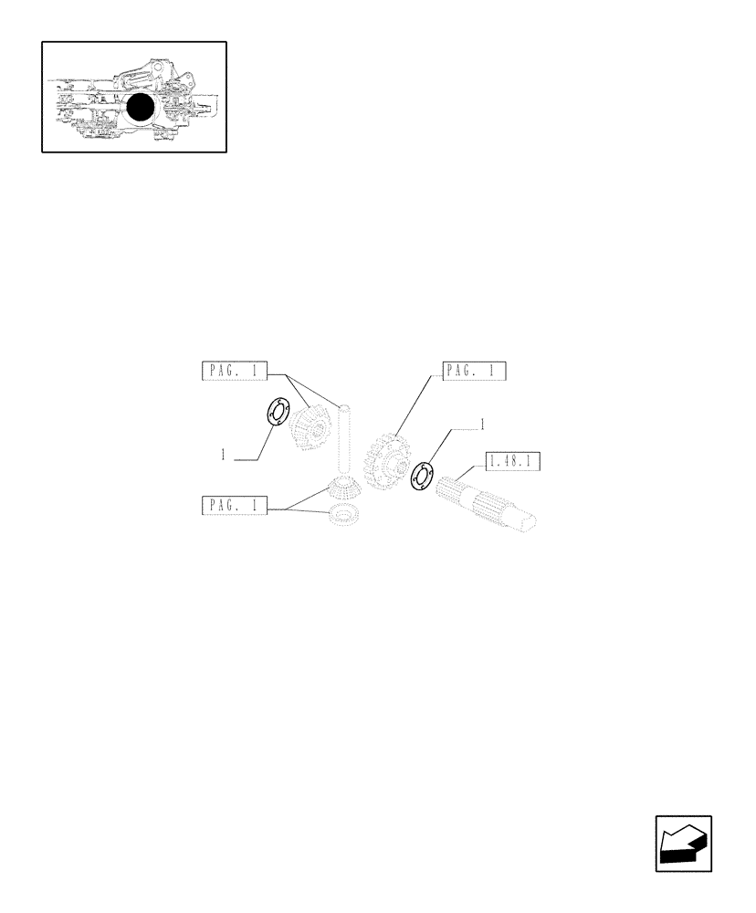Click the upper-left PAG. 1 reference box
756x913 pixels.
tap(234, 371)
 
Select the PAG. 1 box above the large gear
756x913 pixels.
tap(474, 371)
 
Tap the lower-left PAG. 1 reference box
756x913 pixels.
tap(234, 506)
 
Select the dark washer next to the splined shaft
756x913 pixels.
tap(422, 476)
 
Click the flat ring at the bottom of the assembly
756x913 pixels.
tap(343, 518)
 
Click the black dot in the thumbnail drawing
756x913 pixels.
tap(140, 109)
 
